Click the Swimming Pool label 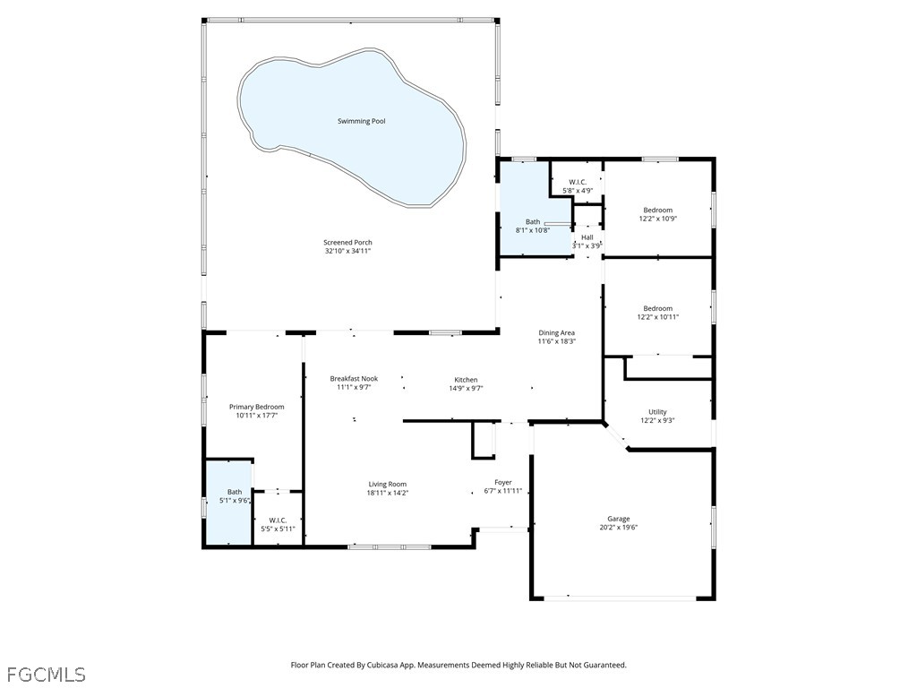(361, 121)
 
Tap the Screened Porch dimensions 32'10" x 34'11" (347, 252)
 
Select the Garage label (619, 519)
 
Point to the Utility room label (656, 412)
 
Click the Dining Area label (556, 332)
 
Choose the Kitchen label (465, 380)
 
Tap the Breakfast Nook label (354, 379)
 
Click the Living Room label (387, 484)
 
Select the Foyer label (502, 482)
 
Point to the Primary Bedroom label (256, 407)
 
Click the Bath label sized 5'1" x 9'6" (234, 492)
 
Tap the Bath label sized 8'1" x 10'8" (533, 222)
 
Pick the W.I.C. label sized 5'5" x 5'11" (277, 520)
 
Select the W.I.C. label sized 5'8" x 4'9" (578, 182)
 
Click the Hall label (587, 237)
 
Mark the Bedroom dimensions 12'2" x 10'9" (657, 219)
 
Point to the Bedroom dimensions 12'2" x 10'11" (657, 317)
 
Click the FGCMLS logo (46, 673)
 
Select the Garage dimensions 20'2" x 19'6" (619, 528)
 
